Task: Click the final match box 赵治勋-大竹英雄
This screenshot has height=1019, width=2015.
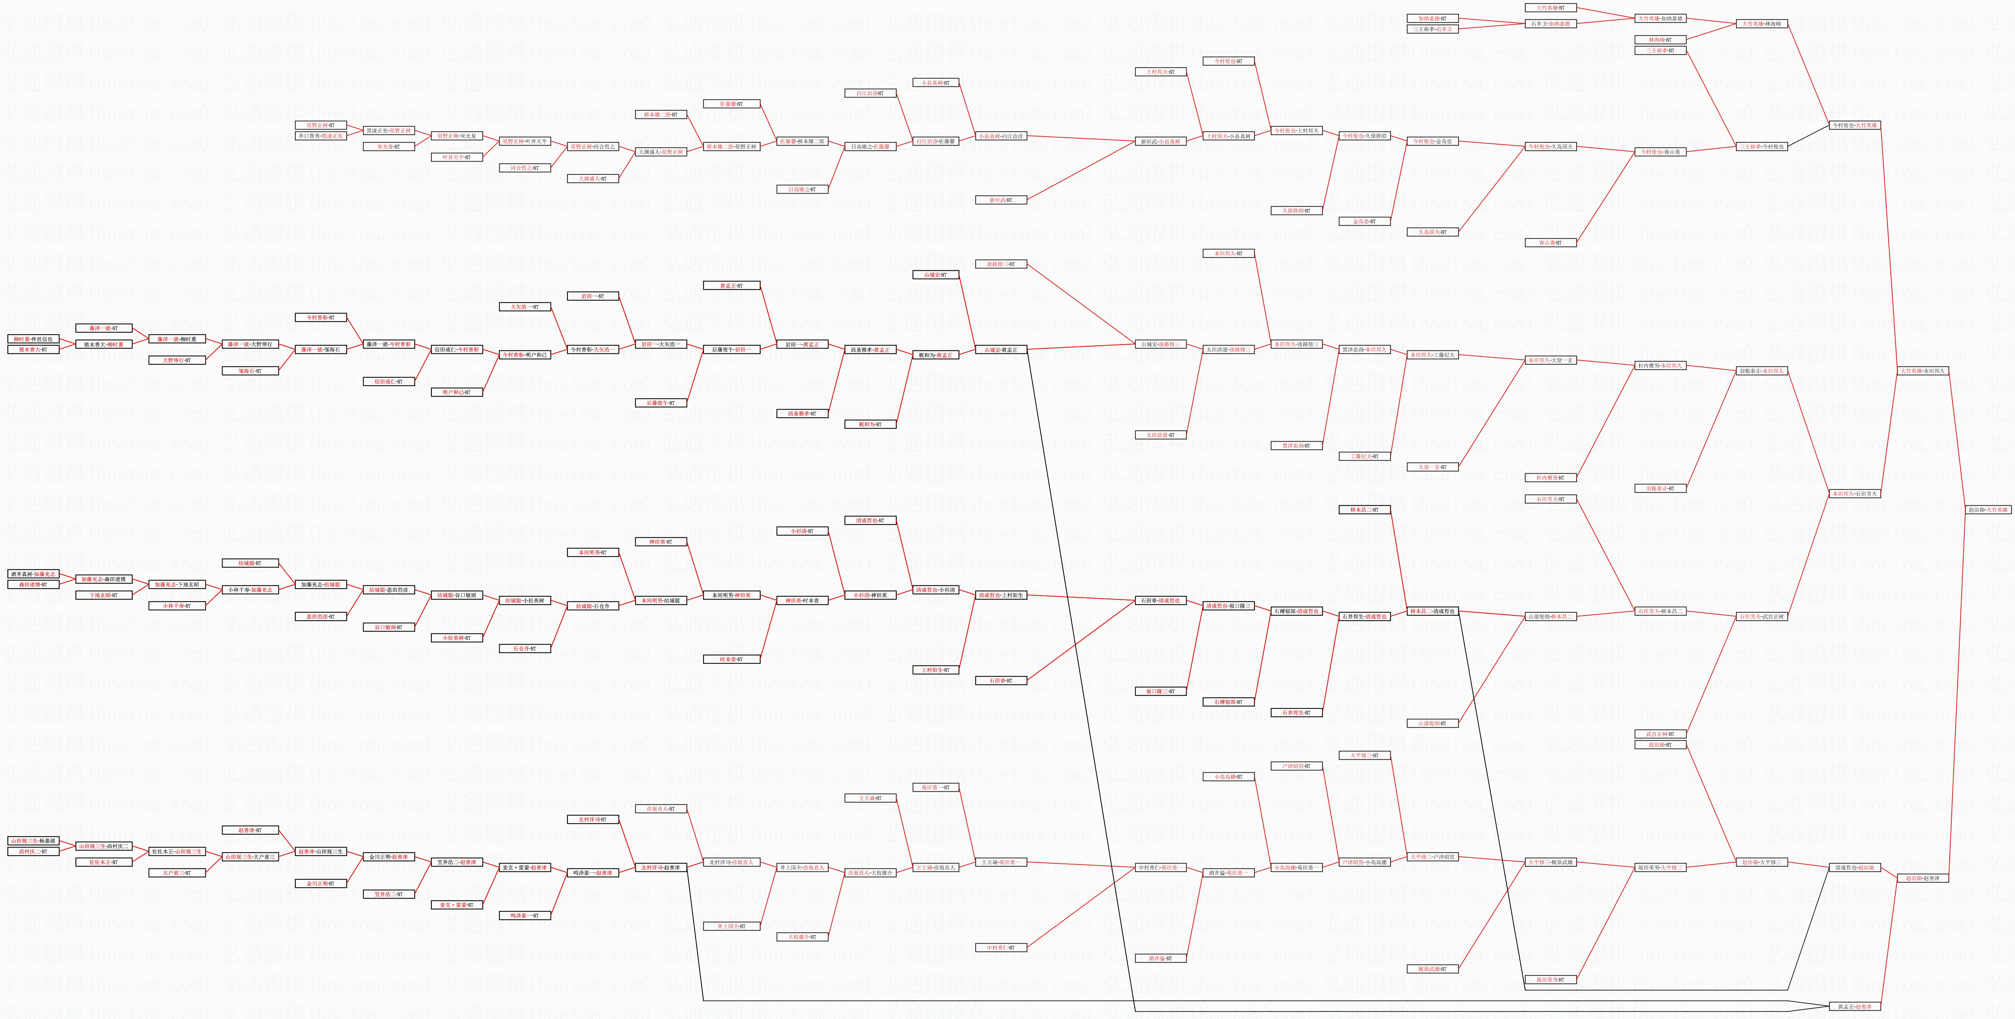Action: pyautogui.click(x=1988, y=509)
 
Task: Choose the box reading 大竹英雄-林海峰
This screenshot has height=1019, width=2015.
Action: pyautogui.click(x=1761, y=23)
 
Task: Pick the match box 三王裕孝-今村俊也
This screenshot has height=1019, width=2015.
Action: pyautogui.click(x=1761, y=146)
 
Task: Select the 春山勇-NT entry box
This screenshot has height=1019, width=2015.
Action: pyautogui.click(x=1550, y=243)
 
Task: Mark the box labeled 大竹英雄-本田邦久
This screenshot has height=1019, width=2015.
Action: pyautogui.click(x=1923, y=371)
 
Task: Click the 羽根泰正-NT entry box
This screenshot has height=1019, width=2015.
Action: pyautogui.click(x=1660, y=488)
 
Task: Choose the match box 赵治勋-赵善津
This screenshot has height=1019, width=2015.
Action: pyautogui.click(x=1923, y=878)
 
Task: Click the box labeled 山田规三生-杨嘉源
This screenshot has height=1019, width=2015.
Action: pyautogui.click(x=33, y=840)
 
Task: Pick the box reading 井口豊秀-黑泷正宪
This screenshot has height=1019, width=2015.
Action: pyautogui.click(x=321, y=136)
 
